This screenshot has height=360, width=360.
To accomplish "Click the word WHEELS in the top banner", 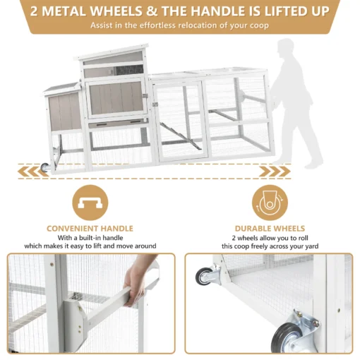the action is point(116,11).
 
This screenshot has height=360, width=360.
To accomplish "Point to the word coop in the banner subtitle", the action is point(259,25).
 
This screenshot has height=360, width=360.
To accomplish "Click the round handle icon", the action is point(90,203).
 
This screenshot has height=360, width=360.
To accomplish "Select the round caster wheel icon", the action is point(270,203).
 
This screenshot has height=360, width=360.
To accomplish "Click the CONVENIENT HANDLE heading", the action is point(90,229).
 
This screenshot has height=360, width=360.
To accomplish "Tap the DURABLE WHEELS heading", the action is point(270,229).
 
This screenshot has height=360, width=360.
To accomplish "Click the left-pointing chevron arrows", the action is point(33,172).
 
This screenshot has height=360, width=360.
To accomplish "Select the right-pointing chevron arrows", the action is point(275,172).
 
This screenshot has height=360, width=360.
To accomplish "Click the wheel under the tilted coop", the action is point(44,167).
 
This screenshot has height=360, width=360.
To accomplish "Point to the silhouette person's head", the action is point(285,47).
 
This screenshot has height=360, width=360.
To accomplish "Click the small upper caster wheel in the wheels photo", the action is point(204,277).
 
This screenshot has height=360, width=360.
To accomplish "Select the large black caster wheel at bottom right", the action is point(284,337).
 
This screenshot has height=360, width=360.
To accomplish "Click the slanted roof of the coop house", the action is point(112,52).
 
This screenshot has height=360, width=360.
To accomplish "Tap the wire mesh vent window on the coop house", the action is point(129,70).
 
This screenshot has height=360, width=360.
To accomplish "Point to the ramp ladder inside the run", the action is point(181,136).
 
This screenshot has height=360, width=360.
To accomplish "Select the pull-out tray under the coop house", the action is point(117,123).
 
